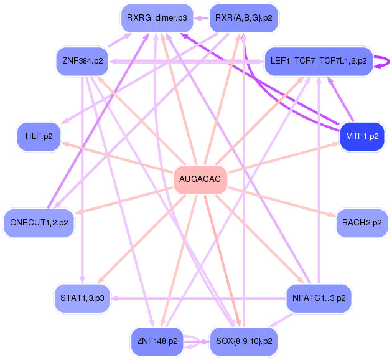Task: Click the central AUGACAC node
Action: coord(200,179)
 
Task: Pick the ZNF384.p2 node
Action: coord(83,61)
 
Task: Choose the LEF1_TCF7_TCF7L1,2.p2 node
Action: coord(318,61)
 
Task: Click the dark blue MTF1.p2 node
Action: coord(362,136)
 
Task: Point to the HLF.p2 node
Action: coord(39,136)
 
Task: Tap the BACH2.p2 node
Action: coord(362,222)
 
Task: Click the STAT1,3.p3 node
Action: coord(83,298)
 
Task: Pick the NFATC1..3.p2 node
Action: coord(318,298)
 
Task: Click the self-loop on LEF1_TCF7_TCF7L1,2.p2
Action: coord(385,61)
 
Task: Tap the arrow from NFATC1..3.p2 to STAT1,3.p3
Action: coord(199,298)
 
